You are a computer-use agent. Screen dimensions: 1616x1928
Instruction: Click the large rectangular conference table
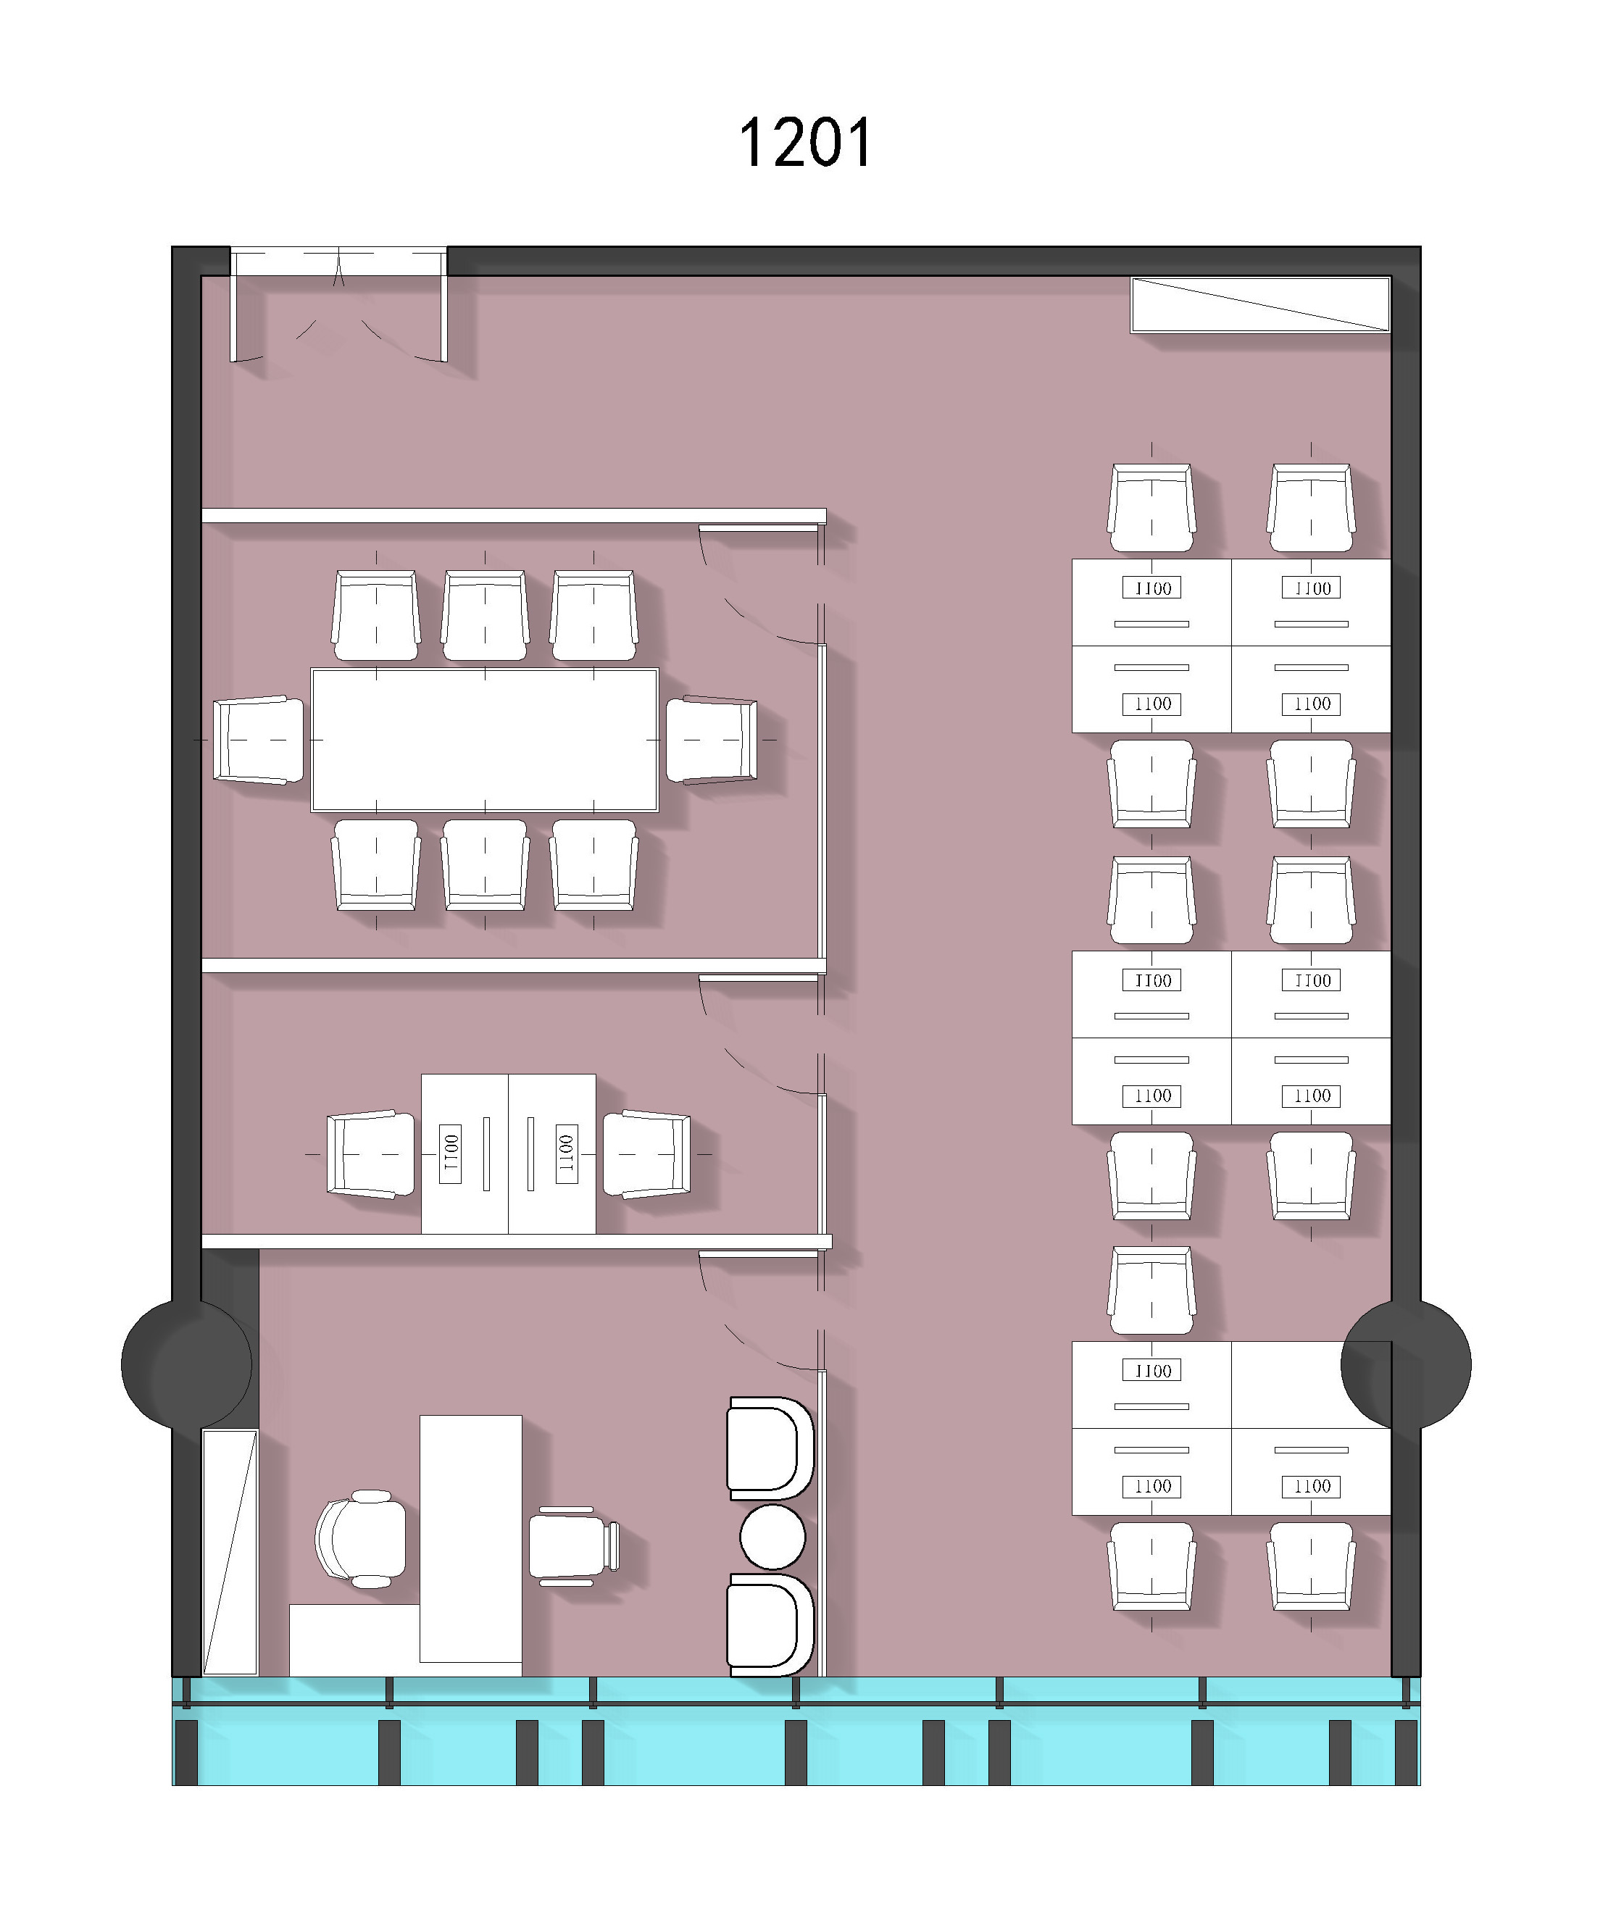coord(485,740)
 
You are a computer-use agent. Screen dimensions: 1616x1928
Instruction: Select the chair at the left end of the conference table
coord(259,740)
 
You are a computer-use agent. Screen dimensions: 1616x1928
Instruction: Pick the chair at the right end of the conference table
coord(712,740)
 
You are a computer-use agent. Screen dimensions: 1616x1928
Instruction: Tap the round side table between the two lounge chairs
coord(772,1536)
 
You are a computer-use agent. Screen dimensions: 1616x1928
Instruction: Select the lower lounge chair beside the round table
coord(770,1624)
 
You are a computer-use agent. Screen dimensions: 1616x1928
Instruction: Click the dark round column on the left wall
coord(186,1364)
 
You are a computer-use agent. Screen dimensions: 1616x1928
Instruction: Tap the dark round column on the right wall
coord(1406,1364)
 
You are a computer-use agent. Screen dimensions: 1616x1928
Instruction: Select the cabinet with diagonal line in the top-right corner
coord(1261,305)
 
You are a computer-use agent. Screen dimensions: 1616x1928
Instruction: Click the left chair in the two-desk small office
coord(372,1154)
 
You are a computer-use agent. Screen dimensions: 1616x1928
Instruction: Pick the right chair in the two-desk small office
coord(646,1154)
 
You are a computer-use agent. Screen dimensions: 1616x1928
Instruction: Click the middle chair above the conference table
coord(485,615)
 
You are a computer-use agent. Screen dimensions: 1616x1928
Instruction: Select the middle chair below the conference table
coord(485,865)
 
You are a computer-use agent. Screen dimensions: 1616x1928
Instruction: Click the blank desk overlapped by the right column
coord(1311,1385)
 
